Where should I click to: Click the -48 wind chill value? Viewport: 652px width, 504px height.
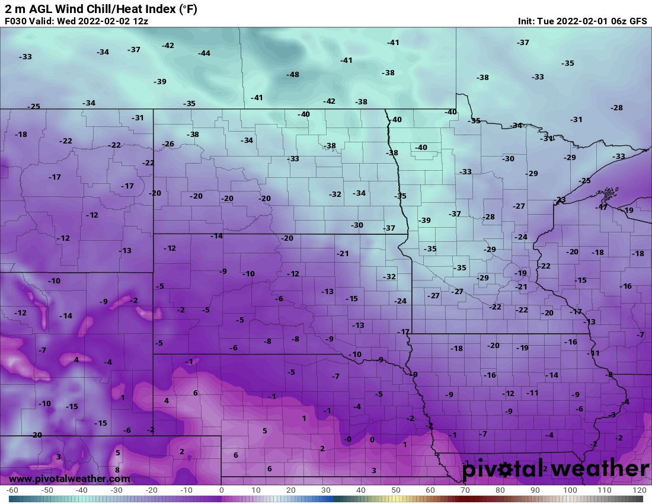pyautogui.click(x=293, y=75)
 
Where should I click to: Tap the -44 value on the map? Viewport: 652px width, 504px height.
pyautogui.click(x=204, y=53)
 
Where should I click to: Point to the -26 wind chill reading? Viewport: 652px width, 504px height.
pyautogui.click(x=168, y=144)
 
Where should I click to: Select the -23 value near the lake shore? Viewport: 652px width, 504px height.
pyautogui.click(x=560, y=200)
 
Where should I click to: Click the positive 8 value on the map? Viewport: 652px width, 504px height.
pyautogui.click(x=117, y=470)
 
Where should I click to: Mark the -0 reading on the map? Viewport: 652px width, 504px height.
pyautogui.click(x=348, y=439)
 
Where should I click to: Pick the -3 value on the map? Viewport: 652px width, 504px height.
pyautogui.click(x=612, y=415)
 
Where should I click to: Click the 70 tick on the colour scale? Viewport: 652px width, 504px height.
pyautogui.click(x=465, y=490)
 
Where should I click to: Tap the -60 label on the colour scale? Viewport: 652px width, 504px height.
pyautogui.click(x=11, y=490)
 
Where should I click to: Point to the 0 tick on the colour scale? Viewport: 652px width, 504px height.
pyautogui.click(x=222, y=490)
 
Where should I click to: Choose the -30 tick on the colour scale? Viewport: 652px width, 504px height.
pyautogui.click(x=116, y=490)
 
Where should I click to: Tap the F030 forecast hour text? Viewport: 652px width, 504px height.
pyautogui.click(x=16, y=21)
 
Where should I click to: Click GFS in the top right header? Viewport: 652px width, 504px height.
pyautogui.click(x=638, y=21)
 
